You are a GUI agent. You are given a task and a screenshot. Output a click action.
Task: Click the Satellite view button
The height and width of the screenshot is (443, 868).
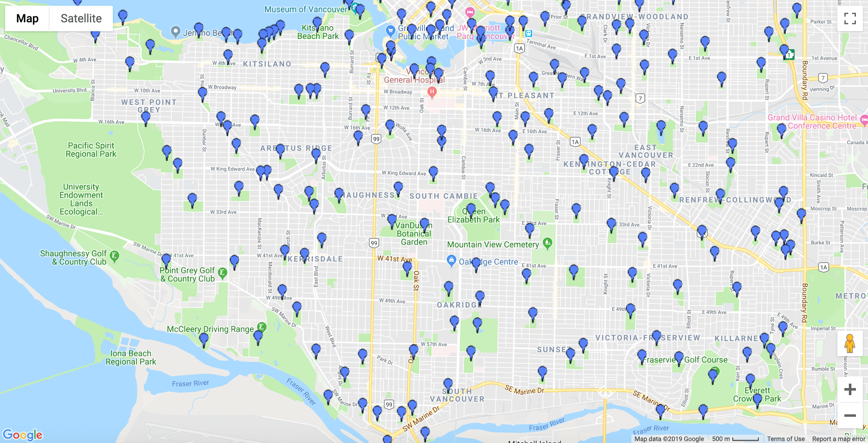[x=81, y=18]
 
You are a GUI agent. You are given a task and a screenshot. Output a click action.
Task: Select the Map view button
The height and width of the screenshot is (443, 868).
[x=27, y=18]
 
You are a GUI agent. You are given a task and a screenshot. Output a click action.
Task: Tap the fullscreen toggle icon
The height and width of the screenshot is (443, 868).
[x=850, y=18]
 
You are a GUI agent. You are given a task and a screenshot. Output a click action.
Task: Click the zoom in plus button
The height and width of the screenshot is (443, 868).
[x=850, y=389]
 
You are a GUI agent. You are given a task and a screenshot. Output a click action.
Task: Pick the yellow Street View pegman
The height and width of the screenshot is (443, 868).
[x=850, y=343]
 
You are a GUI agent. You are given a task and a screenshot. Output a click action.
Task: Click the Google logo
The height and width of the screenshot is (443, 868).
[x=23, y=434]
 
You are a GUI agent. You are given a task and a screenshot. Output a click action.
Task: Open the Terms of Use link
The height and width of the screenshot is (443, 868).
[x=786, y=439]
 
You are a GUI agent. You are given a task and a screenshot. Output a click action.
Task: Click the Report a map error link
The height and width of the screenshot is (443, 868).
[x=838, y=439]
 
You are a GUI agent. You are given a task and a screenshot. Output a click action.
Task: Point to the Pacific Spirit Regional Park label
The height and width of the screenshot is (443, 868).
[x=91, y=150]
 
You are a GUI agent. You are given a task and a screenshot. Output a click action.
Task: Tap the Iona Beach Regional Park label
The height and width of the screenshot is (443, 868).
[x=131, y=358]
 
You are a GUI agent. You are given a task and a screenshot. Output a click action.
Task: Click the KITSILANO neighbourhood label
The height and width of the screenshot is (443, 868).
[x=267, y=64]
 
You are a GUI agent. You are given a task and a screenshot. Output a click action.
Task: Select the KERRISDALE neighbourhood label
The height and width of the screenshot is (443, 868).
[x=315, y=259]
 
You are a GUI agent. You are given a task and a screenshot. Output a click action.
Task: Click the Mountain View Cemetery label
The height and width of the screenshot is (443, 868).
[x=493, y=245]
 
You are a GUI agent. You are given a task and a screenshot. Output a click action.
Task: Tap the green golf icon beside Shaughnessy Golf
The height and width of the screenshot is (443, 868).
[x=114, y=256]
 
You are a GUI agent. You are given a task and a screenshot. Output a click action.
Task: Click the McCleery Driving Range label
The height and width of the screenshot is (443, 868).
[x=210, y=329]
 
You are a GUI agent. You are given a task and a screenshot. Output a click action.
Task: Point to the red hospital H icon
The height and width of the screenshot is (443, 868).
[x=432, y=92]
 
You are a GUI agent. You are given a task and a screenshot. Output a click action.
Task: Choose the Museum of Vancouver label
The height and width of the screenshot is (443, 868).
[x=306, y=9]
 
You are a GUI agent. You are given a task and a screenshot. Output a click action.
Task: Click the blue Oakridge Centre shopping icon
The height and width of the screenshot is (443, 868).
[x=451, y=260]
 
